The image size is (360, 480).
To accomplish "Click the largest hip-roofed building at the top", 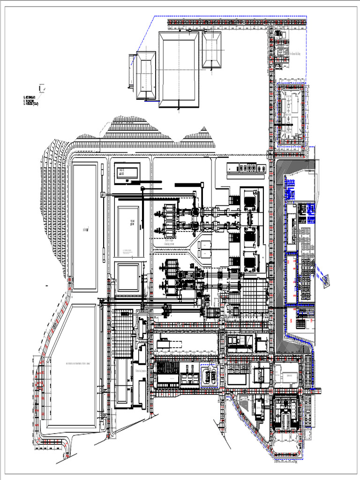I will click(x=178, y=69).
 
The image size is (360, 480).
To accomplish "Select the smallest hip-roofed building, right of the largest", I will click(x=211, y=50).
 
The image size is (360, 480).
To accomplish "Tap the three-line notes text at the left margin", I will click(x=31, y=100).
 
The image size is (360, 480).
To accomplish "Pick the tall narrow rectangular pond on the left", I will click(x=85, y=227).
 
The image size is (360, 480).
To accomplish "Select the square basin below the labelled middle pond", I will click(x=127, y=277).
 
